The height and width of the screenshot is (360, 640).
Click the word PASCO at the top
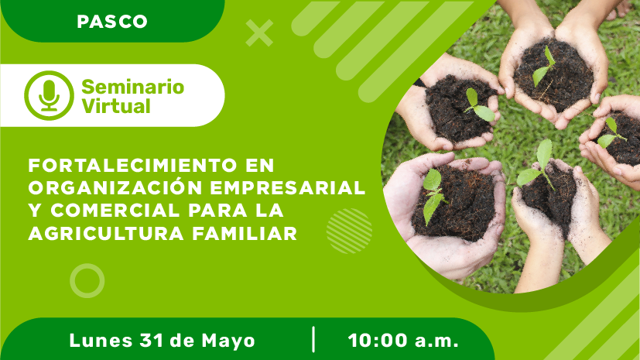(x=112, y=22)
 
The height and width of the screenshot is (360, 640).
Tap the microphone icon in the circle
(x=49, y=95)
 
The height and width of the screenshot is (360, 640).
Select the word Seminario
(x=132, y=87)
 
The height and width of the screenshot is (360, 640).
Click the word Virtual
(x=116, y=106)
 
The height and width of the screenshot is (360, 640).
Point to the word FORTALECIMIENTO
(x=132, y=166)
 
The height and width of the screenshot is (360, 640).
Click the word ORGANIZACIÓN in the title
(x=115, y=187)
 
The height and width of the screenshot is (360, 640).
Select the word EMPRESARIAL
(x=288, y=188)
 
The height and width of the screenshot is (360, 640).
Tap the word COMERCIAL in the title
(x=115, y=211)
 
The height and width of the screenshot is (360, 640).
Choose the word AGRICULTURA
(x=106, y=234)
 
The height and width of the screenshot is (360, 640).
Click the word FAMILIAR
(x=245, y=234)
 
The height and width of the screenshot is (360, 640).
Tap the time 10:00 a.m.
(x=403, y=341)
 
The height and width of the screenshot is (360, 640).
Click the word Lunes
(x=101, y=341)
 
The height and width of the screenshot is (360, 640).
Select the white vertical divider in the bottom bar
(x=313, y=340)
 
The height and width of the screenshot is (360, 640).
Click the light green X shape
(x=259, y=33)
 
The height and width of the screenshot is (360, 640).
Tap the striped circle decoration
(x=349, y=231)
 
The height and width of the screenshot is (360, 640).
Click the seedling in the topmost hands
(x=542, y=67)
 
